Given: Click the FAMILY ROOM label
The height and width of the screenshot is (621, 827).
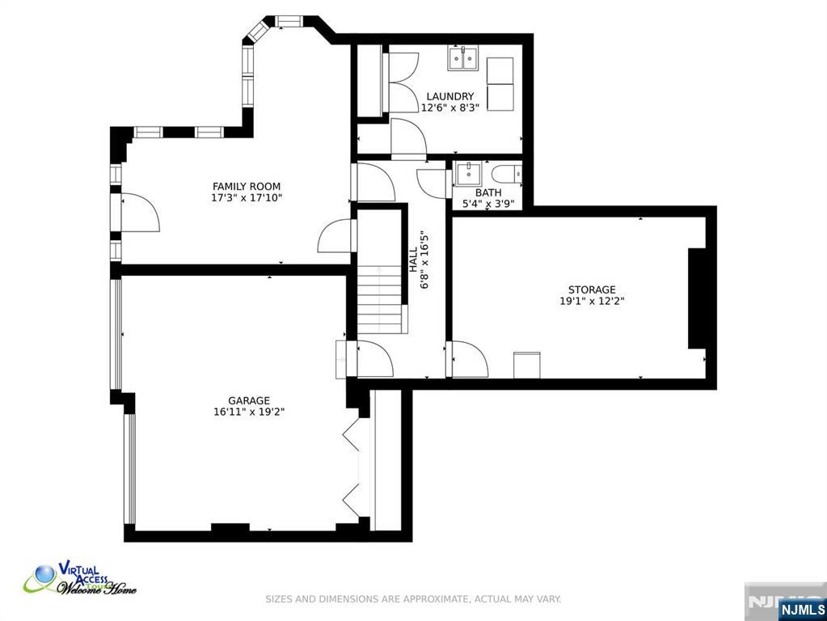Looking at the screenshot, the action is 247,186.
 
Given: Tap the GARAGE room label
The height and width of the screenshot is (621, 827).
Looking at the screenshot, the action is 249,400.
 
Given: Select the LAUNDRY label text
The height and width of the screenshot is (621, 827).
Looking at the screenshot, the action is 450,96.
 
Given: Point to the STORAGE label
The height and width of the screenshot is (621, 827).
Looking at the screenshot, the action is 592,289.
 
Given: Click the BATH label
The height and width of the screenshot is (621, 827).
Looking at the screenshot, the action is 488,192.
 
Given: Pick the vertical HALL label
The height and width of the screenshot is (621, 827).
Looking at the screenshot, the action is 414,260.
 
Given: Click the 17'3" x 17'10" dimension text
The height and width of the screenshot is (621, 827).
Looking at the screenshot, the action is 247,198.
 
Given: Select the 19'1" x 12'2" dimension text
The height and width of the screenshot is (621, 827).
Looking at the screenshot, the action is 593,302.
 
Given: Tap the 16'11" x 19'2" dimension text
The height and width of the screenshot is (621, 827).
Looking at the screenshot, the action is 249,412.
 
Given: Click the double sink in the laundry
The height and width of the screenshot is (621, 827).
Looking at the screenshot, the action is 463,58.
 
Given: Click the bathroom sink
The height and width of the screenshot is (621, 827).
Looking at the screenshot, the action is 468,174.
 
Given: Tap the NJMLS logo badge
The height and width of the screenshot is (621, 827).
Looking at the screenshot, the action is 802,610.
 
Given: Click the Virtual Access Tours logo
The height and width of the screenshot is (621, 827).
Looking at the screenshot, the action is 80,579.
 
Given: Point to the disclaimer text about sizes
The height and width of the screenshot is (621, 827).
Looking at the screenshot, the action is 413,599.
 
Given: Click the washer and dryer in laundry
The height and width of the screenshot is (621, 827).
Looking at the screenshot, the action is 500,84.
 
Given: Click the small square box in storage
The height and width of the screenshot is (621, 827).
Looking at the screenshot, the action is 527,365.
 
